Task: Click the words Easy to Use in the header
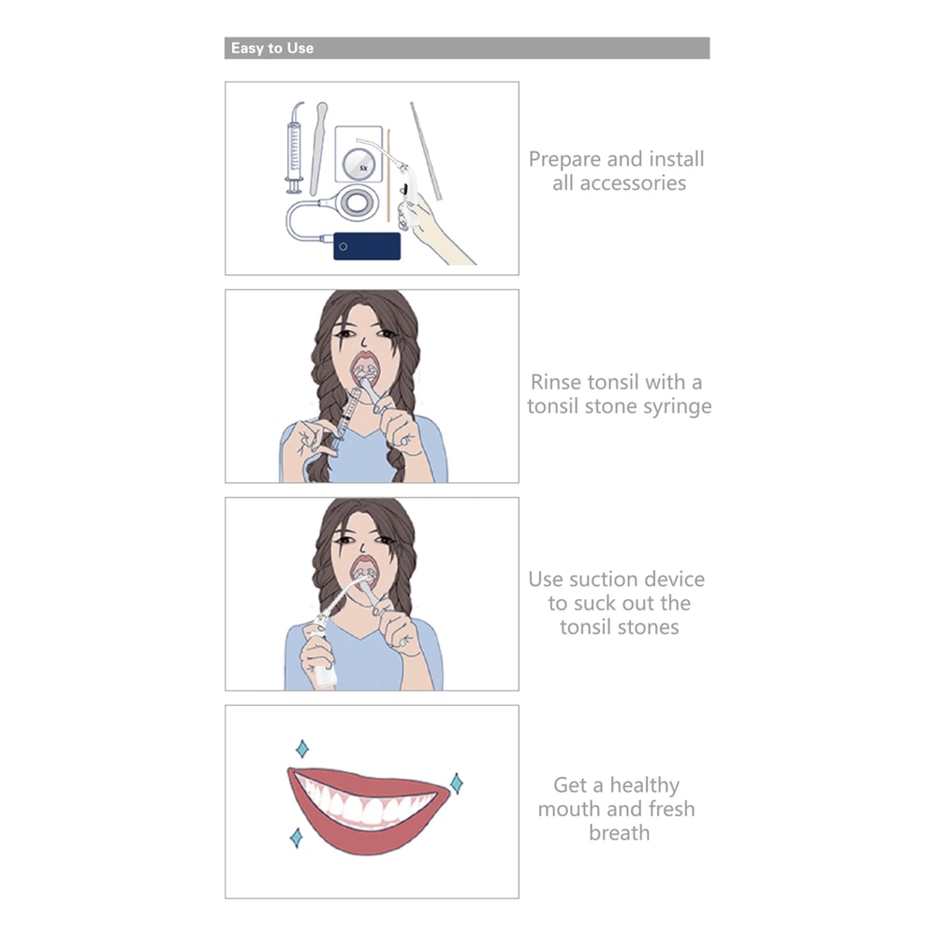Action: click(272, 49)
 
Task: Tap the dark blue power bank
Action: click(367, 246)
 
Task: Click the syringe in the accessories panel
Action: click(294, 148)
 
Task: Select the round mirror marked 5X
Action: click(358, 164)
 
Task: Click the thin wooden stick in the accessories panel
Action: click(388, 176)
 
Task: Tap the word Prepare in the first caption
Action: click(564, 160)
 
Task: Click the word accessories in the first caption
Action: click(619, 183)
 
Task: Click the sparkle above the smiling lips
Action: click(302, 749)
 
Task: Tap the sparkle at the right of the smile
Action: click(457, 783)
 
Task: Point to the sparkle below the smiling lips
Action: click(296, 838)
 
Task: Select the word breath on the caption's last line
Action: click(619, 833)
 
